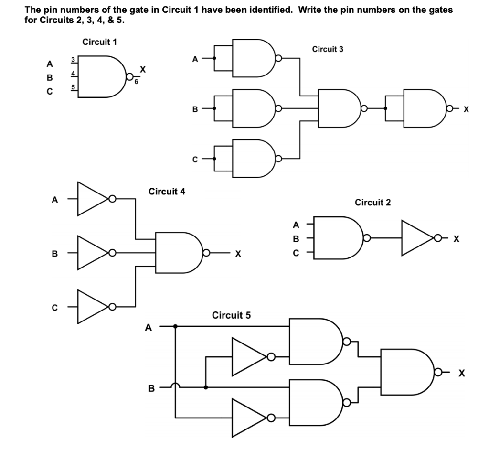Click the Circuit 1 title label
coord(99,42)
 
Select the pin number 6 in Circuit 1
coord(136,82)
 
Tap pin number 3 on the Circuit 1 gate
coord(73,59)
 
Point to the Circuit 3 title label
coord(327,49)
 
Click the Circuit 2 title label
coord(372,203)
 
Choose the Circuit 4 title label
coord(167,192)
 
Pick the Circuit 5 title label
coord(231,315)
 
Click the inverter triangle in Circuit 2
coord(416,237)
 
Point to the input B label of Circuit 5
coord(151,388)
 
